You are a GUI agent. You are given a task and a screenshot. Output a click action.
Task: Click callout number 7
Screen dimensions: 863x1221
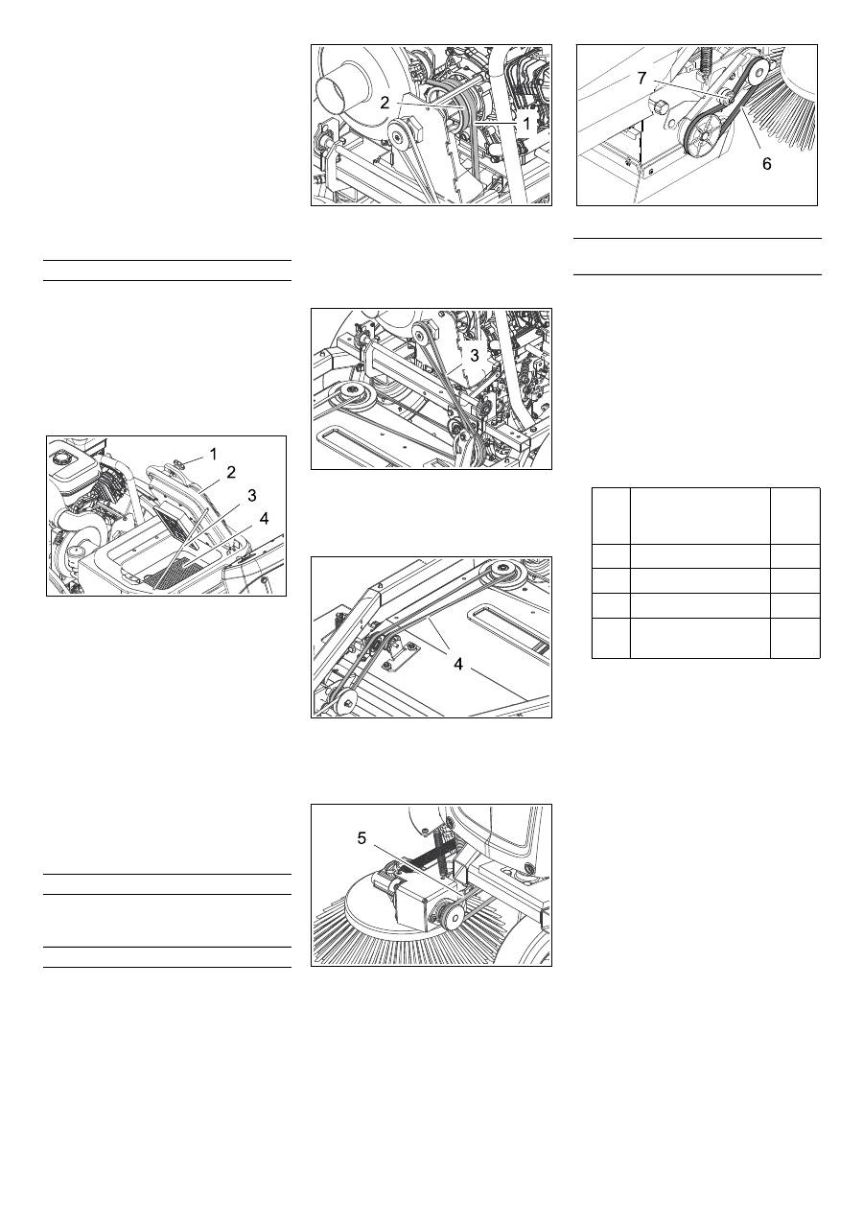click(x=641, y=79)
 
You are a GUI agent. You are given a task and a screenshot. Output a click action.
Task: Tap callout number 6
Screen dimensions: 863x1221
click(x=766, y=163)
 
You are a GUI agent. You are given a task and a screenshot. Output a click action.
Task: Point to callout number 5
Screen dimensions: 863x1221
click(x=362, y=838)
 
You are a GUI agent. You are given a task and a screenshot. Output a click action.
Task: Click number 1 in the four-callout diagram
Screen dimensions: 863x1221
click(x=214, y=454)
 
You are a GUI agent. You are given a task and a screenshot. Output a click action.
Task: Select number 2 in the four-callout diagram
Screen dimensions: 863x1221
click(x=231, y=473)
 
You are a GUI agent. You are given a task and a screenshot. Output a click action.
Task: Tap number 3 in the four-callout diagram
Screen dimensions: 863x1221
click(x=251, y=496)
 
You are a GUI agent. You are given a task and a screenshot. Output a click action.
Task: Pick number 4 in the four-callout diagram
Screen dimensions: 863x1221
click(x=264, y=518)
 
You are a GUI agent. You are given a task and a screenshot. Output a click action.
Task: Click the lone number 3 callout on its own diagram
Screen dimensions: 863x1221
click(x=475, y=356)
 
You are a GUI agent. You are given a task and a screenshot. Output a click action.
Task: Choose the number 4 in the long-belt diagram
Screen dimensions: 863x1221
click(x=458, y=664)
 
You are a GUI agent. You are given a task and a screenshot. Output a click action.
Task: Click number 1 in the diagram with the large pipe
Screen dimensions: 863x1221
click(x=526, y=124)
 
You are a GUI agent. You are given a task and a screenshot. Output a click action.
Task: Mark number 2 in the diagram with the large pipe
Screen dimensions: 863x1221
click(x=385, y=103)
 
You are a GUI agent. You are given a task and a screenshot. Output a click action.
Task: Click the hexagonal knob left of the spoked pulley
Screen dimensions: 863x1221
click(x=658, y=106)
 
